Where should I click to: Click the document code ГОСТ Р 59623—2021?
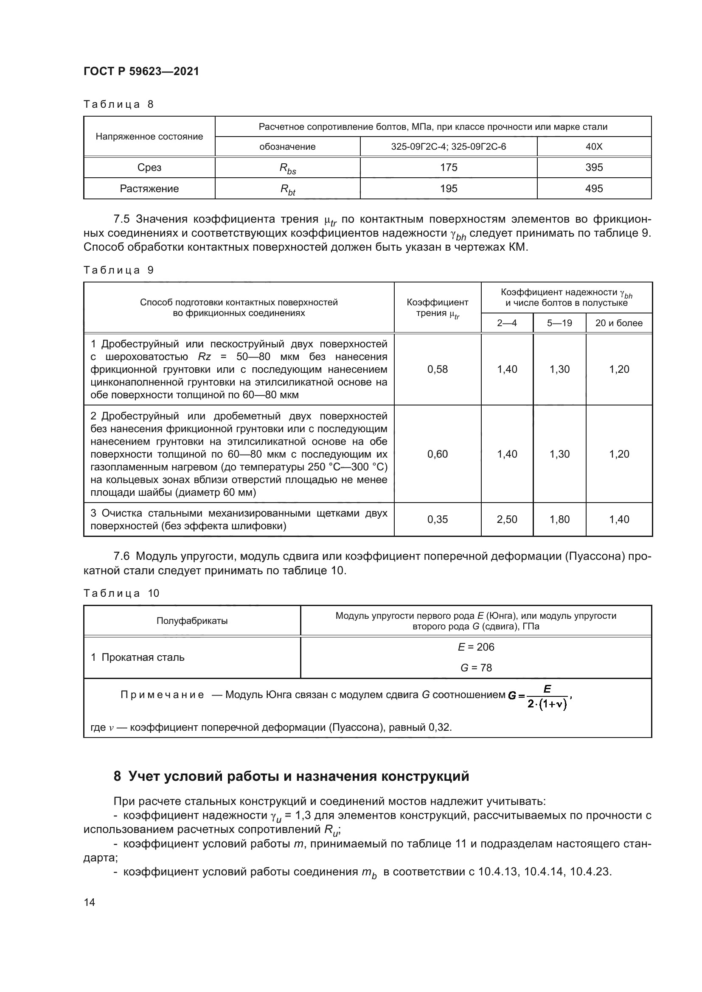click(141, 72)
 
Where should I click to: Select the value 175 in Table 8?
click(448, 168)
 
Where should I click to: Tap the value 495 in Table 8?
click(593, 189)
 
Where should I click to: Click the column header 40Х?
click(593, 147)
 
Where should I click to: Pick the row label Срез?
click(149, 168)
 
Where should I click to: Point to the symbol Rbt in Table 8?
click(287, 189)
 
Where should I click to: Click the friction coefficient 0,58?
click(437, 369)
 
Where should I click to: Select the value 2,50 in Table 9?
click(507, 520)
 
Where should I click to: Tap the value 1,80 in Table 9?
click(559, 520)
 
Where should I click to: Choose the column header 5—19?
click(559, 323)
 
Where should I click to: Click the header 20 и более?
click(618, 323)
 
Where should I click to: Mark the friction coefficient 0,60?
click(437, 454)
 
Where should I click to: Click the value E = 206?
click(475, 647)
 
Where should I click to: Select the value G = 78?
click(475, 668)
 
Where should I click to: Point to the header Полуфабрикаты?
click(192, 621)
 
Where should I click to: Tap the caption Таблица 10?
click(121, 593)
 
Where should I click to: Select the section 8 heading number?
click(117, 777)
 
